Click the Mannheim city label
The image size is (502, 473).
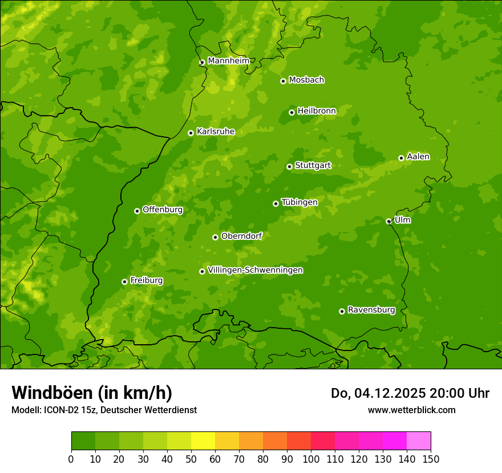[x=228, y=61]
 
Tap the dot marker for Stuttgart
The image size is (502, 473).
[x=289, y=166]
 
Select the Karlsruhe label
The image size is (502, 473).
[x=216, y=132]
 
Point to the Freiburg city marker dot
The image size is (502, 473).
[x=124, y=282]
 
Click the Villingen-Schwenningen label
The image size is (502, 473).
[x=255, y=270]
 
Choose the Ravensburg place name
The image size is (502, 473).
[x=371, y=310]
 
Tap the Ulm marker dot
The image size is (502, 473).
[x=388, y=221]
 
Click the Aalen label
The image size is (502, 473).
[x=418, y=157]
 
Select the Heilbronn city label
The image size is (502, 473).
[x=317, y=111]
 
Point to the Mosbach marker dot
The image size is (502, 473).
[x=283, y=81]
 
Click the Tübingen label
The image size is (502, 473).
[x=299, y=202]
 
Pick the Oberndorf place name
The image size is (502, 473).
[x=242, y=236]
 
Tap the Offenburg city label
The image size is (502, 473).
[x=163, y=210]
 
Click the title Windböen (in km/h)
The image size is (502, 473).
[x=92, y=393]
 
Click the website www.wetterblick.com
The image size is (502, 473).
[x=411, y=410]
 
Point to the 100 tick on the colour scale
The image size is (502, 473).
[x=311, y=459]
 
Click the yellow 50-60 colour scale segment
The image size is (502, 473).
[x=203, y=441]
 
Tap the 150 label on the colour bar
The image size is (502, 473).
[x=431, y=459]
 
